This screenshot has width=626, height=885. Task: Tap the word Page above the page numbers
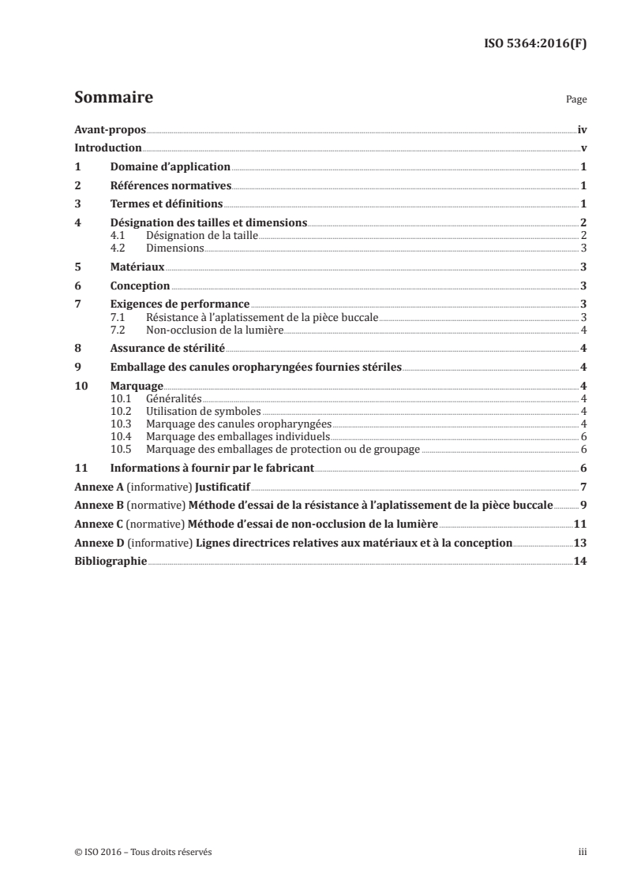[576, 101]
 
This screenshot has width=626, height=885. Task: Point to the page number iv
[582, 129]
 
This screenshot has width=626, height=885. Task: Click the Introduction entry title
[108, 148]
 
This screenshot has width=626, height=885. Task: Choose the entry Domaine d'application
[170, 167]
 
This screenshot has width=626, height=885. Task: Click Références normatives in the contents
[171, 186]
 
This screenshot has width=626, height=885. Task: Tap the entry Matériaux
[137, 267]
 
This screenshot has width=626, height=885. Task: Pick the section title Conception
[140, 286]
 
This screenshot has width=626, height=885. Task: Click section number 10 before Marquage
[80, 386]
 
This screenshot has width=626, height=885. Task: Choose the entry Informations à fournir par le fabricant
[212, 468]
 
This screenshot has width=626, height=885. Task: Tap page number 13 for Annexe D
[580, 543]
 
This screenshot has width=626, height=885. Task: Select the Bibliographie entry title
[111, 562]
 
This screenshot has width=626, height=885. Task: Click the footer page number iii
[583, 852]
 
